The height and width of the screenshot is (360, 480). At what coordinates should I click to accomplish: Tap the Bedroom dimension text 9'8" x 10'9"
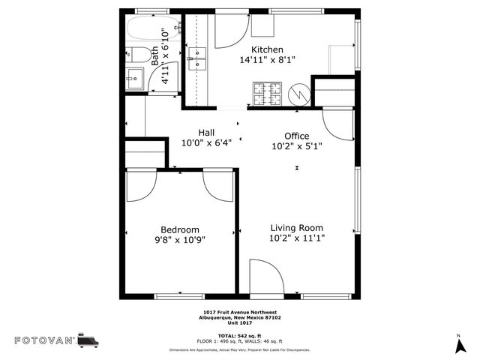(x=180, y=240)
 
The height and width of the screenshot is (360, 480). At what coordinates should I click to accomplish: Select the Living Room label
(x=296, y=228)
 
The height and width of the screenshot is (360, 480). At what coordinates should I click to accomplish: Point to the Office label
(x=296, y=136)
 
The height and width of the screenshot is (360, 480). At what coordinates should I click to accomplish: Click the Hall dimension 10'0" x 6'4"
(x=206, y=142)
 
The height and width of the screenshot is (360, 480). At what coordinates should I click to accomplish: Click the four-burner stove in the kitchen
(x=266, y=94)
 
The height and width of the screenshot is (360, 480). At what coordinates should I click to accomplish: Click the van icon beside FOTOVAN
(x=88, y=340)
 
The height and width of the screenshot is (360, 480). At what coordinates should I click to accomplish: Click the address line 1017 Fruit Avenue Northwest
(x=239, y=312)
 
